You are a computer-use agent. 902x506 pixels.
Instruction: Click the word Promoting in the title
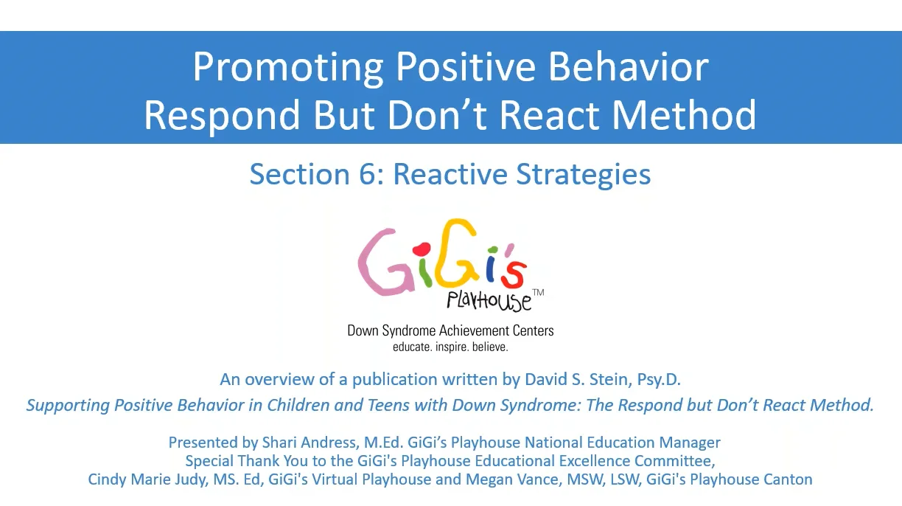(288, 68)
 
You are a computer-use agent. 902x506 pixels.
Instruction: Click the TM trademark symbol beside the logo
(538, 293)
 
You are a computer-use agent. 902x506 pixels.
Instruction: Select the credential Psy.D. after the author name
(659, 379)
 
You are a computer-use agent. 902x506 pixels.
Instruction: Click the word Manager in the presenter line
(690, 443)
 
